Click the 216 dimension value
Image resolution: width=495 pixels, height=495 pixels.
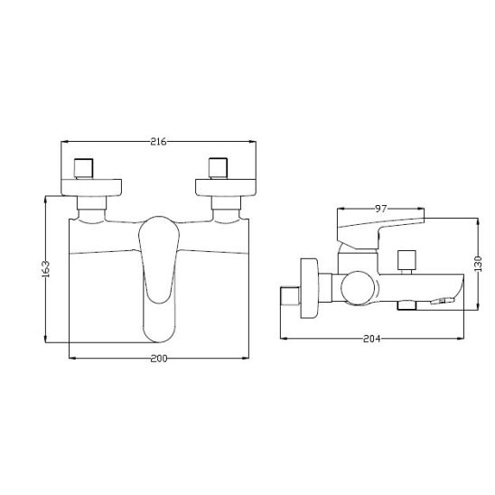coord(158,142)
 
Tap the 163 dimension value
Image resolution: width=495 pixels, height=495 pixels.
coord(46,269)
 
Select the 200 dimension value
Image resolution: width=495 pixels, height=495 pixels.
coord(159,359)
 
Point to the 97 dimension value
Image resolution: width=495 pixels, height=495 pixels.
coord(380,209)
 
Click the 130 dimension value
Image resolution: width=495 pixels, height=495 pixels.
coord(478,264)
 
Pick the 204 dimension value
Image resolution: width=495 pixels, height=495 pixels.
coord(372,339)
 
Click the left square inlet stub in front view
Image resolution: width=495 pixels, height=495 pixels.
coord(84,168)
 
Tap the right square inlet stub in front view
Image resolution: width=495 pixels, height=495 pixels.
coord(218,168)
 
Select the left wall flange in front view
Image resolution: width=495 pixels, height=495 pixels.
coord(91,188)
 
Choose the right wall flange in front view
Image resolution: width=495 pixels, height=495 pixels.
coord(226,188)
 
